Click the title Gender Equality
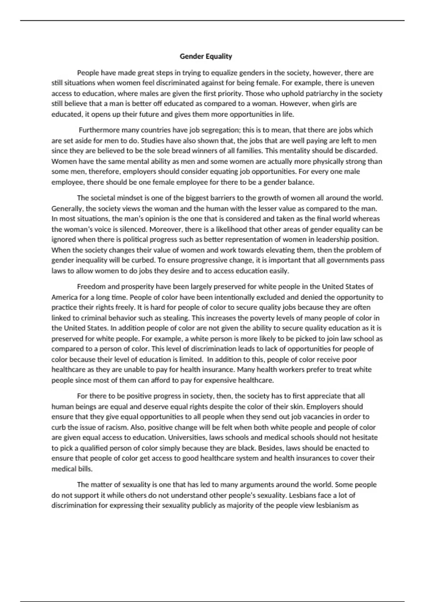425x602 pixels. [x=206, y=56]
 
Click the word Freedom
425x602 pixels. [x=91, y=286]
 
